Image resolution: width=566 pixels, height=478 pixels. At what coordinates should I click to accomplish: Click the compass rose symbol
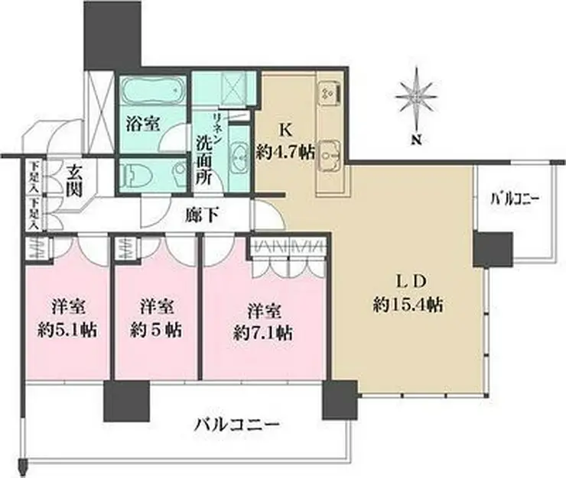418,97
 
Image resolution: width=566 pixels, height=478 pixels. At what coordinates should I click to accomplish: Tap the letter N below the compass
417,140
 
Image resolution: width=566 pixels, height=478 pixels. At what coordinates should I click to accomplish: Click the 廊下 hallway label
203,216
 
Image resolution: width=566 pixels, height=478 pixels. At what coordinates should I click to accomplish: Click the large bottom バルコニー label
236,424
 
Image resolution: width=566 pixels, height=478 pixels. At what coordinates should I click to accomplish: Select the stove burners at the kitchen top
330,91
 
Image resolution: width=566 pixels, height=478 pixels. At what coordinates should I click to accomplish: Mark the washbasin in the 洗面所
237,155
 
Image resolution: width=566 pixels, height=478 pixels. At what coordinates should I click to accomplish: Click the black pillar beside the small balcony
492,250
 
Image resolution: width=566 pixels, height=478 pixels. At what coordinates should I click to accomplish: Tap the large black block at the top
113,34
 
